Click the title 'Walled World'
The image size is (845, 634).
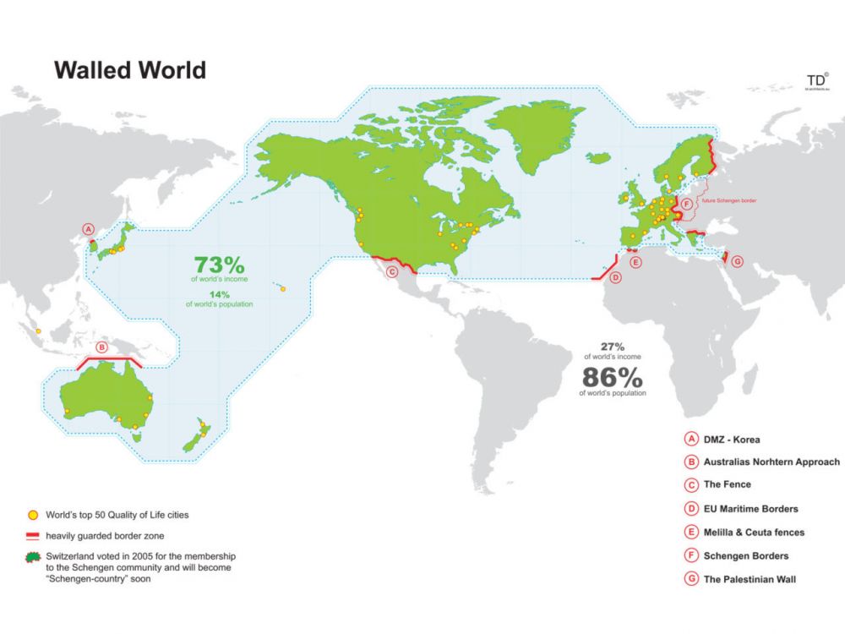tap(130, 69)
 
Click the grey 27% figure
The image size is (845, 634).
tap(613, 347)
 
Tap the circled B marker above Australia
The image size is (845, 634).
tap(102, 347)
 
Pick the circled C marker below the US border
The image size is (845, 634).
tap(391, 271)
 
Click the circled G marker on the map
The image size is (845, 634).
tap(737, 261)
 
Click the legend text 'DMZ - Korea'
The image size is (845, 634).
tap(732, 440)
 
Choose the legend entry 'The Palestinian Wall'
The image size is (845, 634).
tap(750, 579)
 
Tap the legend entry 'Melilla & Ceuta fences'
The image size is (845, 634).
tap(754, 533)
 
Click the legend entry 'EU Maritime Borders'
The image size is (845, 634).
tap(750, 509)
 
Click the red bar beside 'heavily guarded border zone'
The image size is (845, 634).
tap(32, 535)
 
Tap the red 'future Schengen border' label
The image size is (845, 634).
tap(728, 200)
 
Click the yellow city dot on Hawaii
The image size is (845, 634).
tap(283, 289)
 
